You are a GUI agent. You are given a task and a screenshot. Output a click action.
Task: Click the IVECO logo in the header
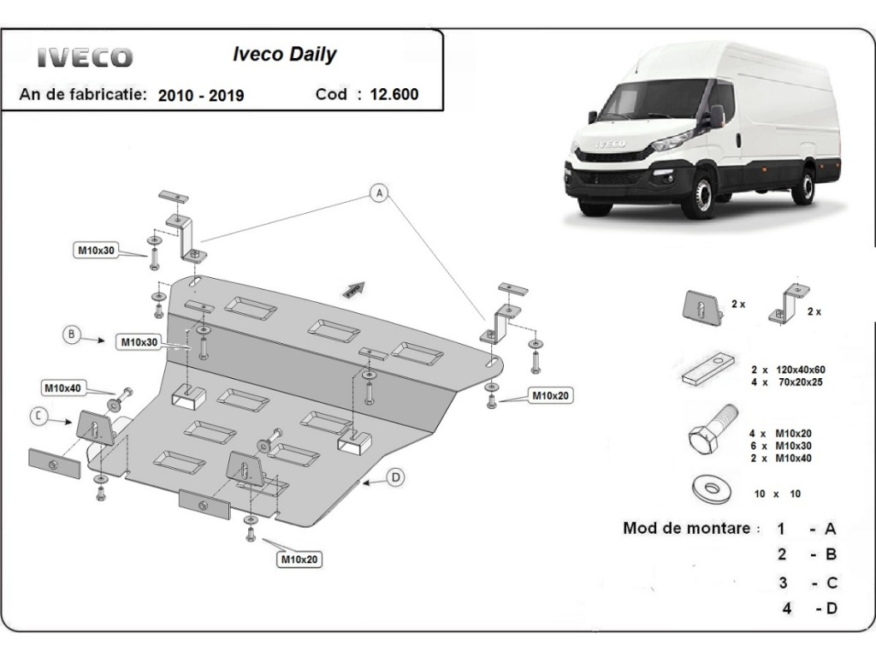tap(85, 57)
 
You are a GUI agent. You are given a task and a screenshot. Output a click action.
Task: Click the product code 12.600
tap(394, 94)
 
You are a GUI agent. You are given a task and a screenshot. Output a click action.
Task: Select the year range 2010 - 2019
tap(201, 96)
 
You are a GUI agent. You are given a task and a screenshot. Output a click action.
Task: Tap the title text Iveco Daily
tap(284, 54)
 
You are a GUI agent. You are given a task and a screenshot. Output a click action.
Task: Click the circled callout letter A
tap(380, 193)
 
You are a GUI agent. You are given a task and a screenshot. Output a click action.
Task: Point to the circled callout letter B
tap(72, 334)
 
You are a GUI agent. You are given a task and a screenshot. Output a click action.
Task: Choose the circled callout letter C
tap(38, 416)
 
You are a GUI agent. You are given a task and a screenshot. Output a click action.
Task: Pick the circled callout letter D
tap(396, 477)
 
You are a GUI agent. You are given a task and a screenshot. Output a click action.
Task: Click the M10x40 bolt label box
tap(62, 388)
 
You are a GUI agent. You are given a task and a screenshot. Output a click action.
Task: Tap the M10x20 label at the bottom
tap(299, 559)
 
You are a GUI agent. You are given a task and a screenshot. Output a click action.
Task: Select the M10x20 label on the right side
tap(550, 395)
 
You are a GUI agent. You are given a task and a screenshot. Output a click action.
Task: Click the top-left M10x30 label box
tap(96, 251)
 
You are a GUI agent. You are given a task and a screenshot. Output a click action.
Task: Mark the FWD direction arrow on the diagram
tap(354, 289)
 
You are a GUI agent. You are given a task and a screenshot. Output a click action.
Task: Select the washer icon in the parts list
tap(711, 490)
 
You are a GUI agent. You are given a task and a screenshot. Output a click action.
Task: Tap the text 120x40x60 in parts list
tap(800, 370)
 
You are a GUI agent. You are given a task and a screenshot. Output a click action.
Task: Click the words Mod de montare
tap(687, 528)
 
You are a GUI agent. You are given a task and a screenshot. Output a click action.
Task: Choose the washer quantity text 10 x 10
tap(777, 494)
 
